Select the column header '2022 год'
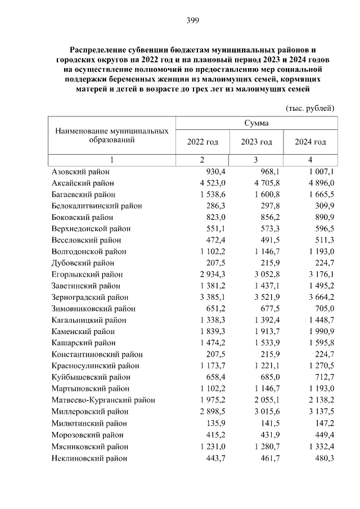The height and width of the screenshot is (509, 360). pyautogui.click(x=202, y=142)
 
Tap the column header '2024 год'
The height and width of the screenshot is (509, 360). pyautogui.click(x=310, y=142)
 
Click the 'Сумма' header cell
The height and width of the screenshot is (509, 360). pyautogui.click(x=256, y=123)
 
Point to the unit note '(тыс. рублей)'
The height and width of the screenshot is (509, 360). pyautogui.click(x=310, y=107)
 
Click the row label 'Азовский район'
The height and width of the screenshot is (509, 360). pyautogui.click(x=80, y=172)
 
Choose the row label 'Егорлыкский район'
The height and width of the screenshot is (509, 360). pyautogui.click(x=87, y=274)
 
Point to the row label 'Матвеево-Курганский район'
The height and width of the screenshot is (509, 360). pyautogui.click(x=103, y=400)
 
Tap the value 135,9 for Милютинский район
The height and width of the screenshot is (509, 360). pyautogui.click(x=215, y=423)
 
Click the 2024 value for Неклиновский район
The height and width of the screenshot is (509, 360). pyautogui.click(x=324, y=458)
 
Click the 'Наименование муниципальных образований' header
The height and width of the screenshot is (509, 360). pyautogui.click(x=112, y=135)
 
